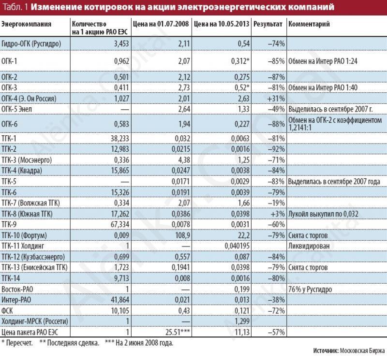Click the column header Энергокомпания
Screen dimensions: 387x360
point(26,24)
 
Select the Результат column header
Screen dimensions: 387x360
point(268,24)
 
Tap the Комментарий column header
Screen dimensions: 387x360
point(309,24)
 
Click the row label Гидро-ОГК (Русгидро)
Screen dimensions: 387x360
point(31,43)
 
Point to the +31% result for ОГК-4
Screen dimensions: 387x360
point(276,99)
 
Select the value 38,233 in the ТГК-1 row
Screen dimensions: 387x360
point(119,138)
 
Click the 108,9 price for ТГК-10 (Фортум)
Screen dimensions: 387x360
point(183,235)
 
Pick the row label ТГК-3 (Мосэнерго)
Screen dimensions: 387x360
point(27,160)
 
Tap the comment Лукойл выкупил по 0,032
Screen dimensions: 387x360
point(323,214)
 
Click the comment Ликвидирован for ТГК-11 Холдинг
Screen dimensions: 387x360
point(309,246)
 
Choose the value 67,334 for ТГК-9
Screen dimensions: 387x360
point(119,224)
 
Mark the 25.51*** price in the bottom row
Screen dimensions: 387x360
point(178,332)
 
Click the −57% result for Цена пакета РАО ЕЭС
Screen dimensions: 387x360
point(276,332)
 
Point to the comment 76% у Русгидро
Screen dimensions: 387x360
point(310,289)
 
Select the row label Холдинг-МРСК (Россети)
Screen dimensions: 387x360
point(34,321)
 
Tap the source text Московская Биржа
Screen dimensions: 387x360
point(362,350)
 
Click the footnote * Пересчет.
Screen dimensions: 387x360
point(17,343)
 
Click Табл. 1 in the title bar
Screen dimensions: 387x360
point(15,7)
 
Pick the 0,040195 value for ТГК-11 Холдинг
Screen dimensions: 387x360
point(237,246)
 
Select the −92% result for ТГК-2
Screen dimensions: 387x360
point(276,149)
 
